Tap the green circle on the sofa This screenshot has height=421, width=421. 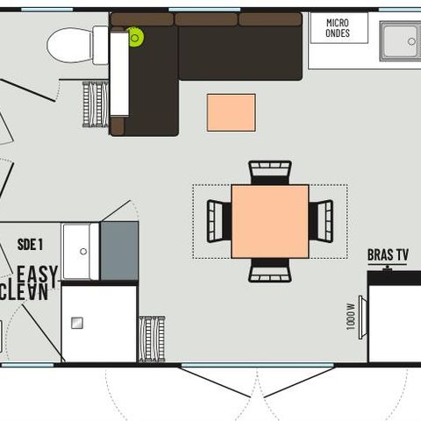tap(135, 37)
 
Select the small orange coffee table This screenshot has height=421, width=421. tap(231, 112)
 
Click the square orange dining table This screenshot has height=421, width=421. tap(269, 221)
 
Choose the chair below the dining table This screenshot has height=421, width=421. tap(269, 272)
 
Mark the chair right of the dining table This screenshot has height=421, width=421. tap(322, 220)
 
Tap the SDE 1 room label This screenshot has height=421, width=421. tap(31, 245)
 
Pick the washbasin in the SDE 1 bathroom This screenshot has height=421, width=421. tap(81, 250)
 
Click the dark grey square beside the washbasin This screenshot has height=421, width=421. tap(119, 250)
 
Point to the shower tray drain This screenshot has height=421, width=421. tap(77, 323)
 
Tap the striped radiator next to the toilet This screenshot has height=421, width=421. tap(95, 105)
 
